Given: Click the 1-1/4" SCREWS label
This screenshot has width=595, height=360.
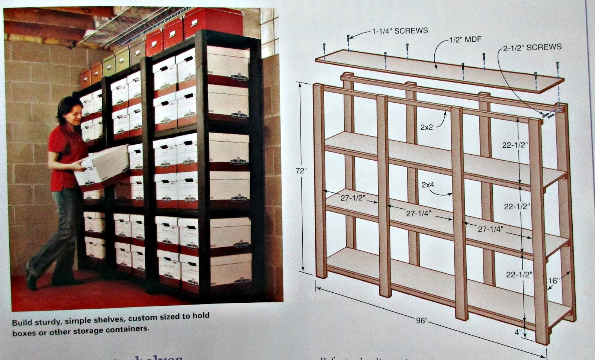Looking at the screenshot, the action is [x=400, y=31].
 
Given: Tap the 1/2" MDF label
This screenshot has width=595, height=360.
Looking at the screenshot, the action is [x=465, y=39].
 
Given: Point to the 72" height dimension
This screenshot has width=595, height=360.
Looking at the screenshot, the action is [x=301, y=171].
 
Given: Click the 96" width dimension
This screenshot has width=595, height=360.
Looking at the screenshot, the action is [x=421, y=320].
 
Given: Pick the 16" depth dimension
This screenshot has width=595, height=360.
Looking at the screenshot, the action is [x=554, y=280].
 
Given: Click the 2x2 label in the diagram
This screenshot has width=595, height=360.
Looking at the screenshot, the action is [x=427, y=127].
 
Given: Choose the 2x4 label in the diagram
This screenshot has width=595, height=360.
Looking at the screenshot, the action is [x=428, y=184].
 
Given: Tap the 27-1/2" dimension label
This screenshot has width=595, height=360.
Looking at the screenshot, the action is [x=351, y=198].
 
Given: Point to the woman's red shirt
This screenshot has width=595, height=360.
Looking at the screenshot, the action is [x=67, y=152].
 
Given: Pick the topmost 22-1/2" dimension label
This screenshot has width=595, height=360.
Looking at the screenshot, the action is [x=515, y=145].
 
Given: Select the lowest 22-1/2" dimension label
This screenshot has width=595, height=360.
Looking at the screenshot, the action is [x=519, y=275].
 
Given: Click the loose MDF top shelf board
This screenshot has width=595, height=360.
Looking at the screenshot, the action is [x=439, y=73].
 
